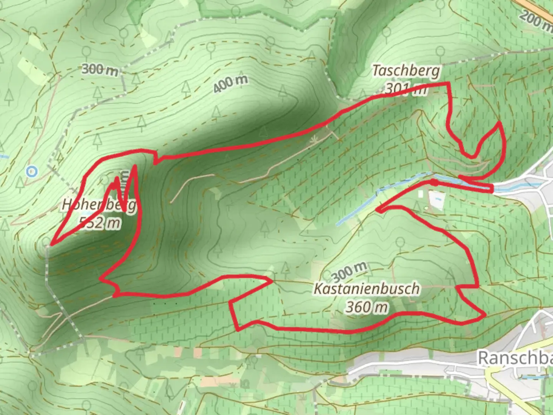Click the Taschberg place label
406,71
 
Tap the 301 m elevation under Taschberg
406,89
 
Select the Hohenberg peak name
99,204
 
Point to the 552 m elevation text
100,222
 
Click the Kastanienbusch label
367,289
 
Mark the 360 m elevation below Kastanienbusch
367,307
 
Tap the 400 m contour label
230,83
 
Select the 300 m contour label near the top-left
100,70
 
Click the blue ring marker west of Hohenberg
32,171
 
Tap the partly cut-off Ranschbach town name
515,358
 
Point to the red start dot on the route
434,182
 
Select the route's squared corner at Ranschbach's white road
492,188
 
